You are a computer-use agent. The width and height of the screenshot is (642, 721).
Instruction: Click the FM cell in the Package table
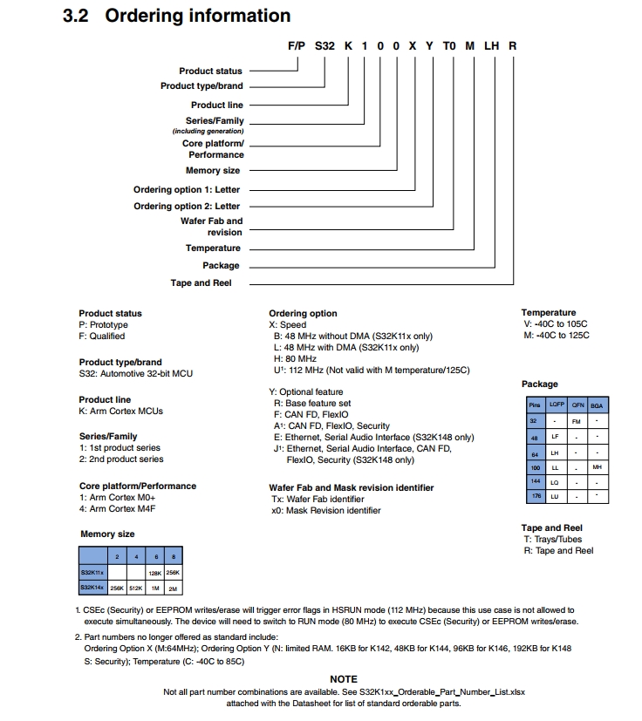click(x=577, y=421)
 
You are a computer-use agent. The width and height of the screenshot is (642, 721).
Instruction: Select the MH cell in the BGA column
click(x=597, y=467)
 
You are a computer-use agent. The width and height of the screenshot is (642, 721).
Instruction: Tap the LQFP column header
click(x=557, y=405)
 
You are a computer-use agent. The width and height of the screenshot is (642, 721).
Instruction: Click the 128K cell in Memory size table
click(x=155, y=573)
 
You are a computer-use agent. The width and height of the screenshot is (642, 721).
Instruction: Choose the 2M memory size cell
click(x=173, y=588)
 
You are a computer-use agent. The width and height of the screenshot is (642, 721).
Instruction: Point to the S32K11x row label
click(x=92, y=573)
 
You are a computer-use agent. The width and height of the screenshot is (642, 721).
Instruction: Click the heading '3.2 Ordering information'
click(x=177, y=16)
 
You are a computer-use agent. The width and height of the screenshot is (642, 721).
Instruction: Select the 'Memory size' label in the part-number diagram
click(x=213, y=171)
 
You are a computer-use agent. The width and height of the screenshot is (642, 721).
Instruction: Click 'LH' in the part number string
click(x=490, y=44)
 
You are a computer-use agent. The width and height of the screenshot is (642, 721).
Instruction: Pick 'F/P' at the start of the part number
click(x=297, y=44)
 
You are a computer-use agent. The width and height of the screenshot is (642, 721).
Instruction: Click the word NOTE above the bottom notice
click(x=344, y=679)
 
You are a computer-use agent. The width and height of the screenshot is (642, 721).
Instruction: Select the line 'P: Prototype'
click(x=104, y=324)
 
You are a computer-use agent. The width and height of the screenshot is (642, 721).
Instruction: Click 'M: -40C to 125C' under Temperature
click(x=557, y=335)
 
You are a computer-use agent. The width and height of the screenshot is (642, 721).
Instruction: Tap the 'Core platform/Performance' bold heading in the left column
click(x=138, y=486)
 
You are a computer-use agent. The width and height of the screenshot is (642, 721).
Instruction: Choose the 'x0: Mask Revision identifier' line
click(x=326, y=511)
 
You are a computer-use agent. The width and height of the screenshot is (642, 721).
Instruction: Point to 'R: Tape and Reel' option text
click(x=558, y=551)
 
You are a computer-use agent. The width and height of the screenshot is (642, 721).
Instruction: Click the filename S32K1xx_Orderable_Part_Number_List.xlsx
click(x=441, y=692)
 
